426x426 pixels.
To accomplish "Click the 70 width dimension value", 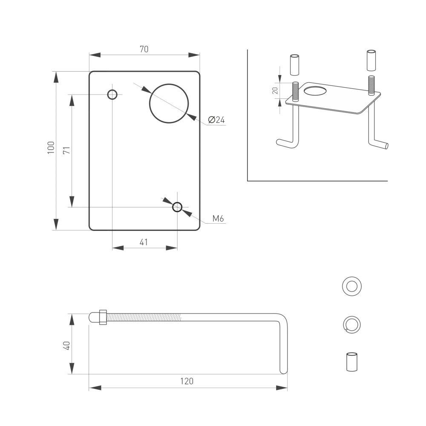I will coord(144,49).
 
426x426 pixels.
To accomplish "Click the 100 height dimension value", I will coord(51,147).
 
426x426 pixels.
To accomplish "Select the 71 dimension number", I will coord(66,150).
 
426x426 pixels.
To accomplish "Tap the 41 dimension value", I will coord(144,242).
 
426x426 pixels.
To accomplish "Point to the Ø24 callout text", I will coord(216,120).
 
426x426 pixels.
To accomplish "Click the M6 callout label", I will coord(218,219).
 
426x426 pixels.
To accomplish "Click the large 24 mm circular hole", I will coord(169,104).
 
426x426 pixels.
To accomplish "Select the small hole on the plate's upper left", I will coord(112,94).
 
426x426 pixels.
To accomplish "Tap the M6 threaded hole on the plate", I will coord(177,207).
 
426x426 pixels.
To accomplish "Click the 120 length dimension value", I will coord(187,381).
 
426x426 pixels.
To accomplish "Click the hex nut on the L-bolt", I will coord(103,317).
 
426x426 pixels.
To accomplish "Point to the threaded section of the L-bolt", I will coord(145,317).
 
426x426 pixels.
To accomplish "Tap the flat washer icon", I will coord(352,286).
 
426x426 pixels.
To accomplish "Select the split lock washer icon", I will coord(352,324).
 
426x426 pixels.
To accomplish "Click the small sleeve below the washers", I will coord(351,362).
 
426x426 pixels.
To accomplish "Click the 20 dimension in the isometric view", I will coord(275,90).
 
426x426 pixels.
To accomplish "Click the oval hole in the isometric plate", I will coord(316,90).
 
